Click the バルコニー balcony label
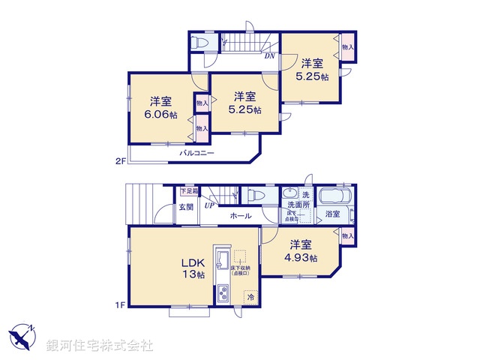[196, 153]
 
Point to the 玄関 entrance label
[186, 207]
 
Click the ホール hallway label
[241, 216]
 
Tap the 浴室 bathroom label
[332, 214]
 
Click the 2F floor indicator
[120, 160]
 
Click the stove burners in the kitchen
[223, 293]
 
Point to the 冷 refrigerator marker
[249, 297]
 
